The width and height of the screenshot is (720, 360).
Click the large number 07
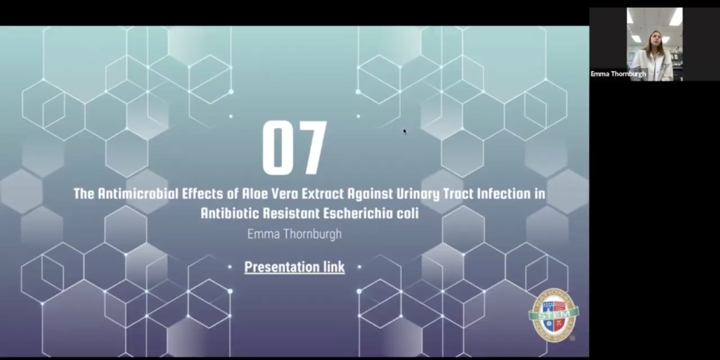[295, 148]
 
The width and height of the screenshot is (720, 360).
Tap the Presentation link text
[295, 266]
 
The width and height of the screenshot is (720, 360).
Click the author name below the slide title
[295, 234]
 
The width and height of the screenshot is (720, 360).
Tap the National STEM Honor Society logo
[554, 315]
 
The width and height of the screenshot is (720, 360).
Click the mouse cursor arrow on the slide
[404, 131]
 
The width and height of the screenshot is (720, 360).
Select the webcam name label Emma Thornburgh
[618, 73]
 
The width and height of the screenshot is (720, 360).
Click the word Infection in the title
[504, 193]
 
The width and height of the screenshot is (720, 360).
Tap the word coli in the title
[409, 214]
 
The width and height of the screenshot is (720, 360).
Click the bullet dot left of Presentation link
[230, 266]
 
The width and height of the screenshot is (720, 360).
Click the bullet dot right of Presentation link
[359, 266]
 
